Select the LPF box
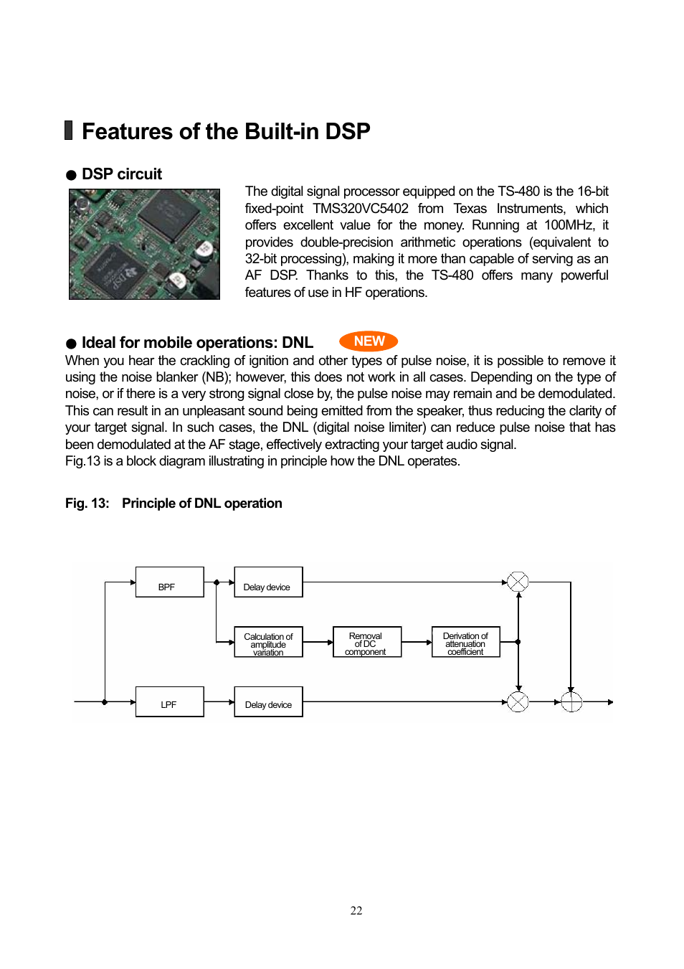pos(169,701)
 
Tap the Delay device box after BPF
pos(268,582)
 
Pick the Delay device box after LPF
pos(268,701)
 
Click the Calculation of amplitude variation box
pos(268,642)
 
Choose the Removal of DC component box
pos(366,642)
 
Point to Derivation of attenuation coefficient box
pos(465,642)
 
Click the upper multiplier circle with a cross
pos(518,582)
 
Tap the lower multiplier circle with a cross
pos(518,701)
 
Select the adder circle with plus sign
pos(571,701)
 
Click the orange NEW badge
pos(369,341)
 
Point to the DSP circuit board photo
pos(144,244)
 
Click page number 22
pos(356,910)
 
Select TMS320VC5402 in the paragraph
pos(360,209)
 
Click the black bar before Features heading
pos(69,131)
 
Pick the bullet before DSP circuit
pos(71,175)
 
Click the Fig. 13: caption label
pos(87,504)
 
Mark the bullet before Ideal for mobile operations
pos(71,344)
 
